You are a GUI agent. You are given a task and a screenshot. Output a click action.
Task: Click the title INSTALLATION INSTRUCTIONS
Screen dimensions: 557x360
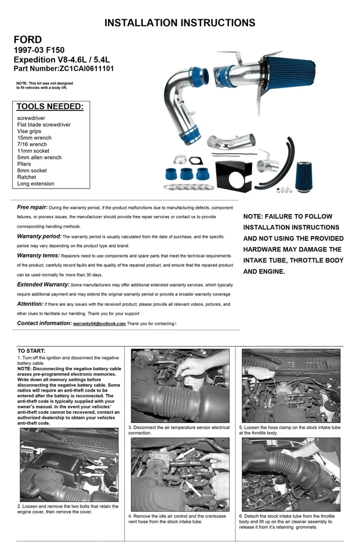180,23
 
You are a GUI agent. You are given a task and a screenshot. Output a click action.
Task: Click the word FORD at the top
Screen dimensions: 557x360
28,39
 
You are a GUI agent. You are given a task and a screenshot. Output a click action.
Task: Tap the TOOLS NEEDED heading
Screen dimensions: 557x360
50,107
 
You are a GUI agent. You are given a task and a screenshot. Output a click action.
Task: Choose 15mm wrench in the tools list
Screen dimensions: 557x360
34,138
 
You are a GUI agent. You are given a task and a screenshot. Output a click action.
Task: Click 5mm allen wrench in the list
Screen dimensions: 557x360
39,157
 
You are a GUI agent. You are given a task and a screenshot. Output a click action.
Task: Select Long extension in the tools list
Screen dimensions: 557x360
36,184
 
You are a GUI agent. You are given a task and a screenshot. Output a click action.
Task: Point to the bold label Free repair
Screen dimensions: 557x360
32,207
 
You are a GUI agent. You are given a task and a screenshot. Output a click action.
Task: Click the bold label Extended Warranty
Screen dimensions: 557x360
43,285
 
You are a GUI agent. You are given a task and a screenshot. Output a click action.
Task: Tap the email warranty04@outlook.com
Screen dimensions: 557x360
99,324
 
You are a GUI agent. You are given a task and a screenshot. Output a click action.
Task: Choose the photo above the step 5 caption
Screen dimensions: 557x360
290,386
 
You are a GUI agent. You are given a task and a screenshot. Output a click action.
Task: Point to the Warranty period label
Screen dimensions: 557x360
39,237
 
